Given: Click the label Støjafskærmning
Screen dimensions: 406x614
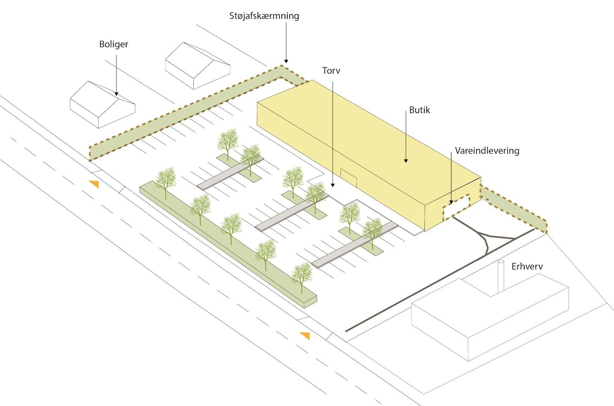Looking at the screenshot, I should [x=264, y=16].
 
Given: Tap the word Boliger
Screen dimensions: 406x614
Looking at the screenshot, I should [x=113, y=44].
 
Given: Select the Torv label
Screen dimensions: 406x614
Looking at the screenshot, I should [x=331, y=71].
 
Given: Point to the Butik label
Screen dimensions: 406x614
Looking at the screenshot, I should [x=419, y=110].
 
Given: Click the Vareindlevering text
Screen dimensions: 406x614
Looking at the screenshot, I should [x=487, y=151].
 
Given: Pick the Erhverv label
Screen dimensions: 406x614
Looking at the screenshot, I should [x=527, y=267].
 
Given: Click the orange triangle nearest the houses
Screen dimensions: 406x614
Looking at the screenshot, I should [x=94, y=184].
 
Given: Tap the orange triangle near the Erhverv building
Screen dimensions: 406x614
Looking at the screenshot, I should [x=305, y=335].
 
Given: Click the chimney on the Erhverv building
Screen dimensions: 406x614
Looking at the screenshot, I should [x=501, y=276].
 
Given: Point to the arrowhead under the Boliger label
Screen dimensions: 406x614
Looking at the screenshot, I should [x=116, y=94].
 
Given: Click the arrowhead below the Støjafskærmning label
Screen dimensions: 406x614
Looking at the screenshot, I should [x=286, y=61].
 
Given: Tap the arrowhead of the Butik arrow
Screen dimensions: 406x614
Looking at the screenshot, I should [x=406, y=161].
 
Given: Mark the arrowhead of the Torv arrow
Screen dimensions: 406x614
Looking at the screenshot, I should [x=332, y=185].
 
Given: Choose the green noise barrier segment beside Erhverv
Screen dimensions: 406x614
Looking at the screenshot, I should [x=514, y=211].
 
